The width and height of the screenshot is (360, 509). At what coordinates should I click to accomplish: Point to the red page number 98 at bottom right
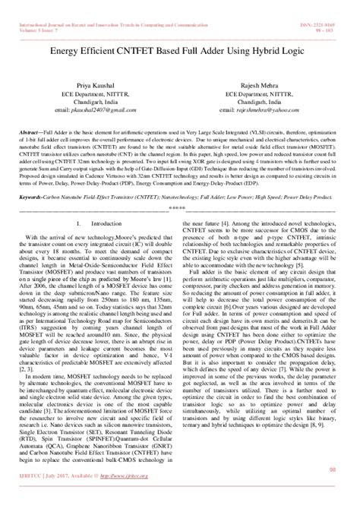tap(332, 492)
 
